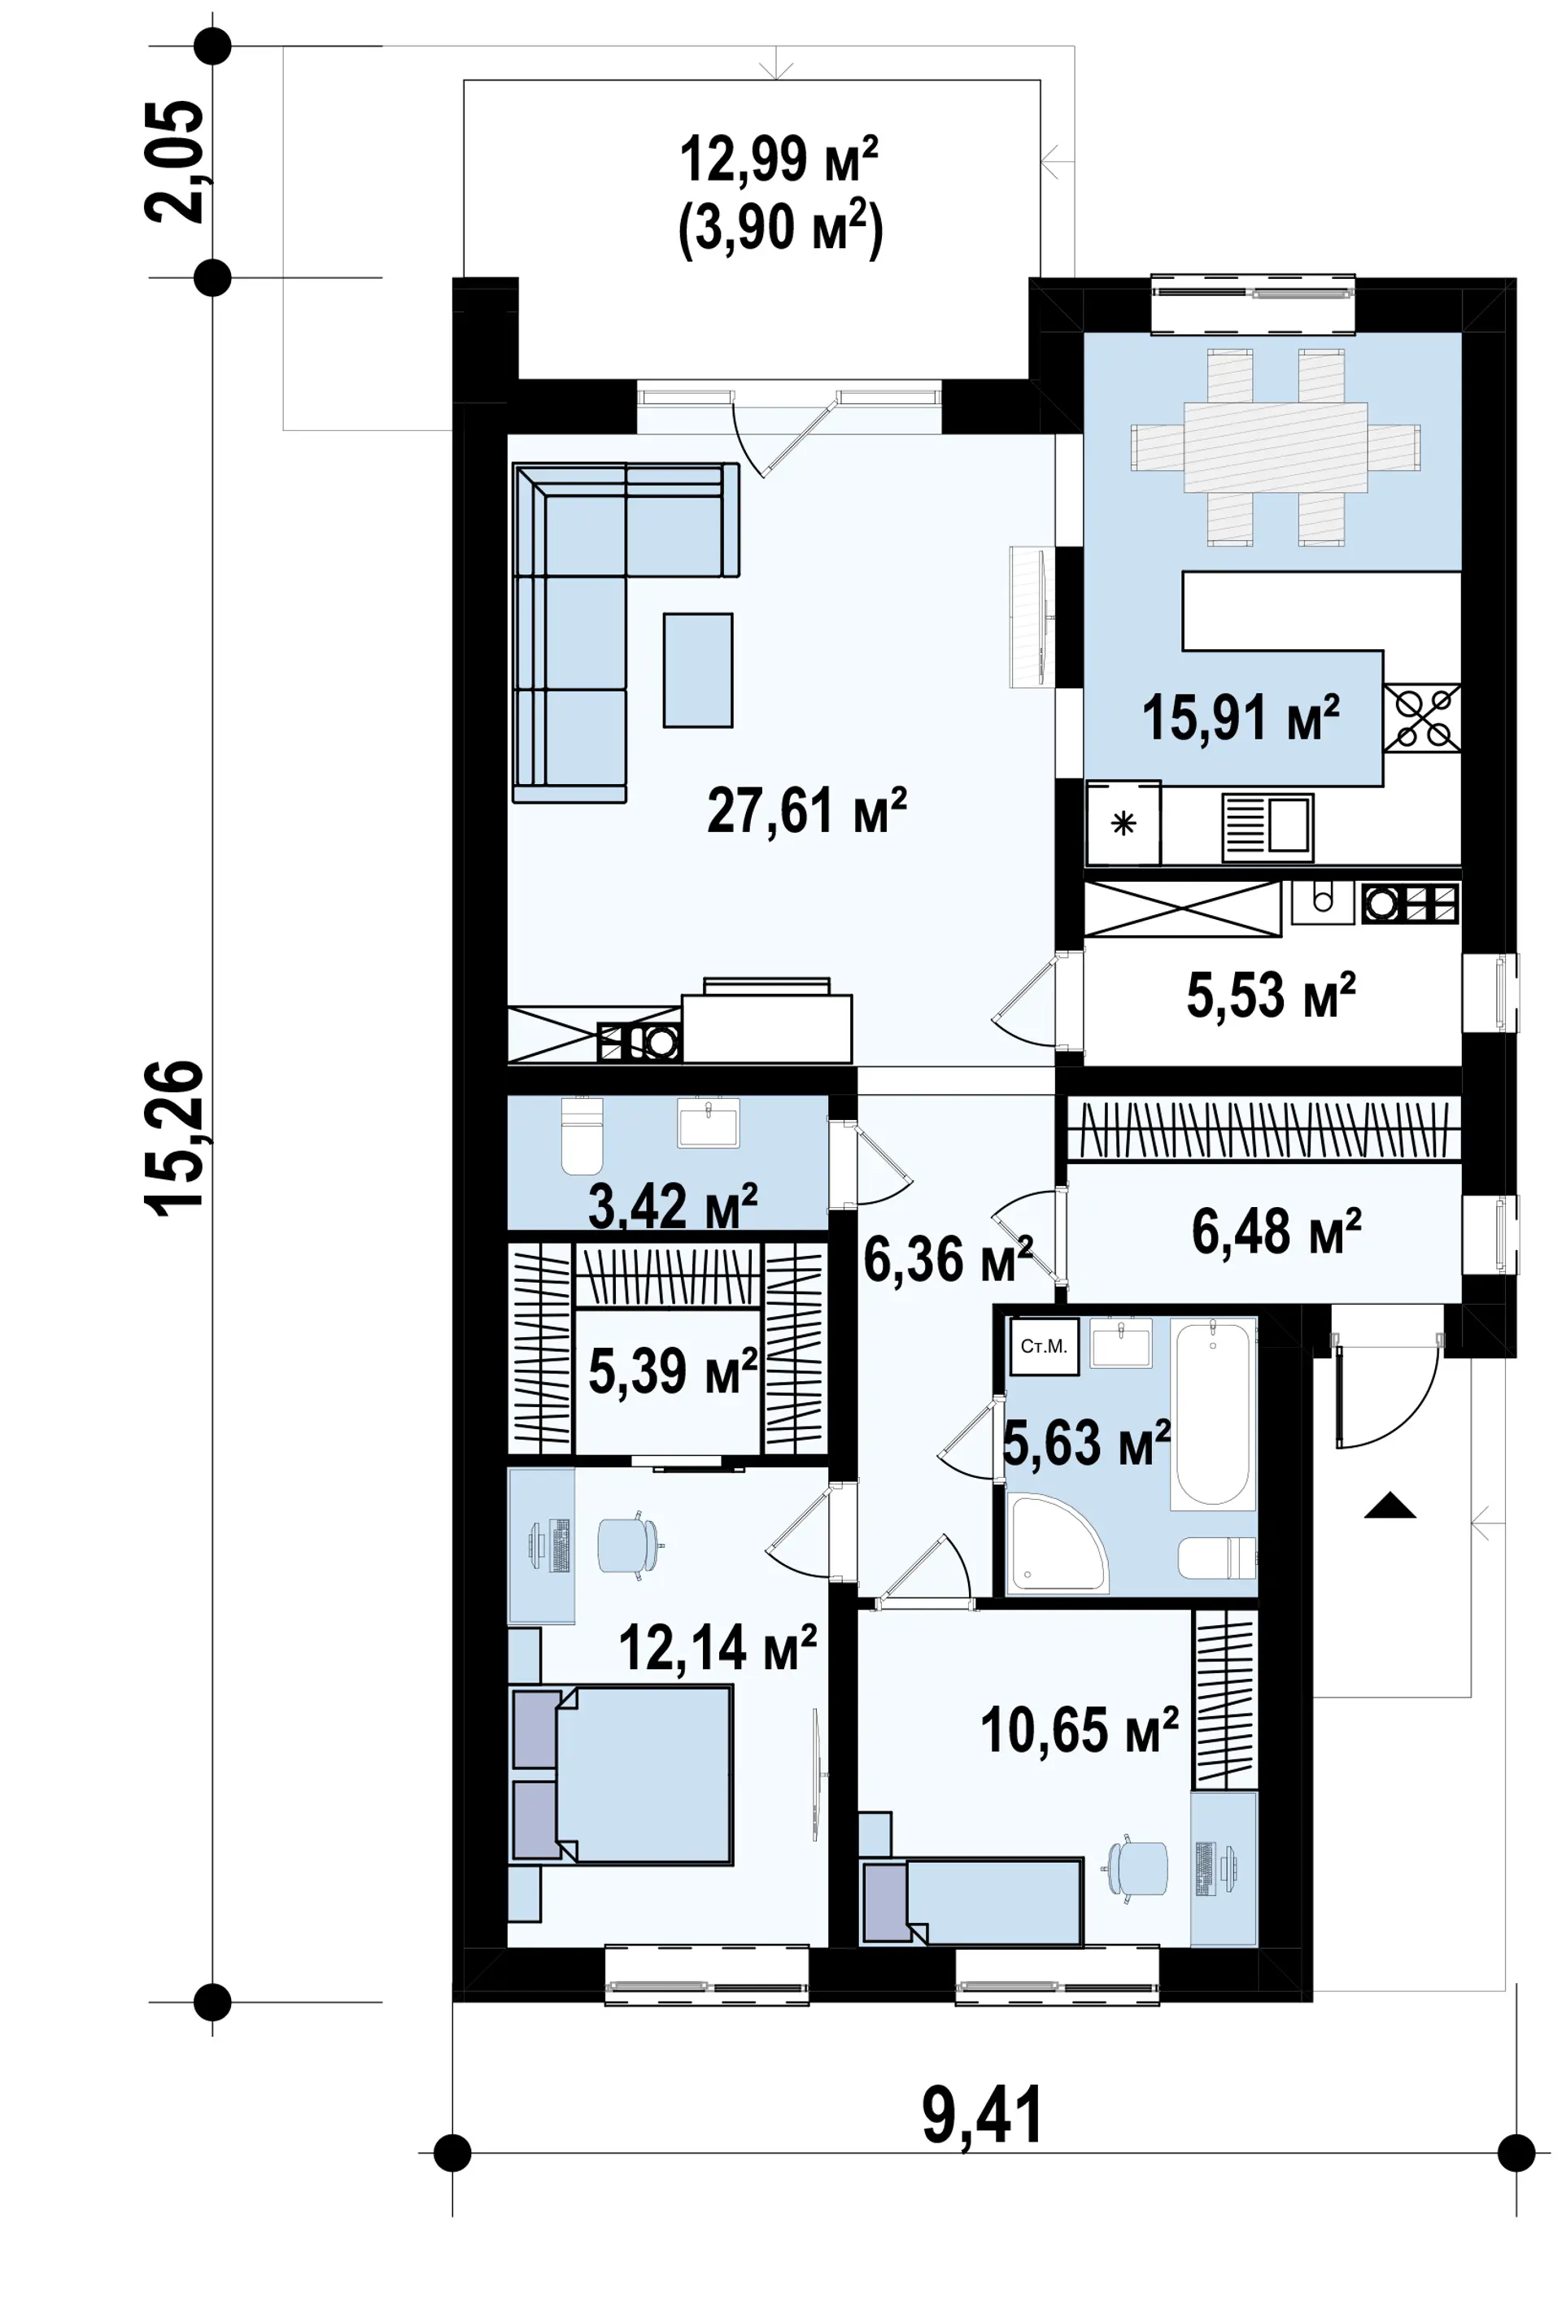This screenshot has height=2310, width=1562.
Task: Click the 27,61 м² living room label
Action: pyautogui.click(x=805, y=810)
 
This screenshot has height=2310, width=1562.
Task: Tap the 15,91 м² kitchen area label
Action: pyautogui.click(x=1240, y=717)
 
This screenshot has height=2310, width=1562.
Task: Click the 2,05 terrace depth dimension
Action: pyautogui.click(x=175, y=161)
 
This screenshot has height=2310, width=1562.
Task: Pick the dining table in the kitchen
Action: pyautogui.click(x=1276, y=447)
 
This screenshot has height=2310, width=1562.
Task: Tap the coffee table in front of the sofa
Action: pyautogui.click(x=698, y=670)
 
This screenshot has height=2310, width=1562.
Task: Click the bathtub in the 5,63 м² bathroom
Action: pyautogui.click(x=1212, y=1414)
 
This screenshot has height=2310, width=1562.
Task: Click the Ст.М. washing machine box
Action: pyautogui.click(x=1044, y=1347)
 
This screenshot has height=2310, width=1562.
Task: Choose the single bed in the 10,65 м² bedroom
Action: pyautogui.click(x=971, y=1901)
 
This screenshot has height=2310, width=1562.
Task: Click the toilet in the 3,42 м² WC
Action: pyautogui.click(x=582, y=1135)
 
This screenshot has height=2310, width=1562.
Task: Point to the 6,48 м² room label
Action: pyautogui.click(x=1276, y=1231)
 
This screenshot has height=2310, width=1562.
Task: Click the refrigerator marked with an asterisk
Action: pyautogui.click(x=1124, y=823)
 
